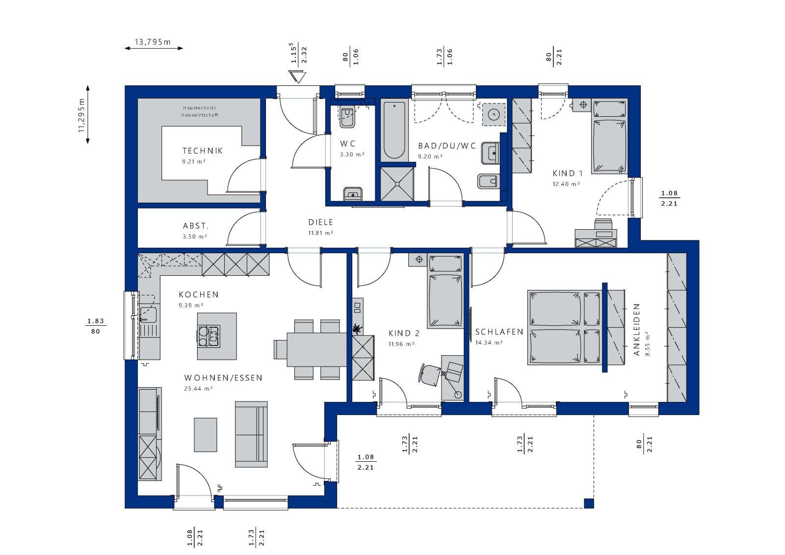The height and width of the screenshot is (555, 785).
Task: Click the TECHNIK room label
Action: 202,151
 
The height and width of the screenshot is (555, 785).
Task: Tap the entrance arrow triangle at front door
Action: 297,77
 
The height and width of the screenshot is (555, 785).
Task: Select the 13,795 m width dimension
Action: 153,42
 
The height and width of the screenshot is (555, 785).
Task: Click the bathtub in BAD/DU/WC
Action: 393,130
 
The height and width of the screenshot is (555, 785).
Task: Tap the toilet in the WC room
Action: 347,117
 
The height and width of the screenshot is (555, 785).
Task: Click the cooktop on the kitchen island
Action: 209,337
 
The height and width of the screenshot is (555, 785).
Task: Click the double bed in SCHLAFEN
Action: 564,328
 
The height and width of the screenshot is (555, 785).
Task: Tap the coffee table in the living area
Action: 206,434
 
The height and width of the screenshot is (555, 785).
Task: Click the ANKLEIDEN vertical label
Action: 636,330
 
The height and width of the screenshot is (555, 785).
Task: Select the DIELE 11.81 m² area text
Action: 320,233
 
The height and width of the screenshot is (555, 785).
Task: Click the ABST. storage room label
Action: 196,226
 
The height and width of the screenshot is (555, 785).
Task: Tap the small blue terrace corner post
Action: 589,503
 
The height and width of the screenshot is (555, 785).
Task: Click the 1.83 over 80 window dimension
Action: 96,326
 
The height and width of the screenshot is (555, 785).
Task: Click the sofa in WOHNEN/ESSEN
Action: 251,434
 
